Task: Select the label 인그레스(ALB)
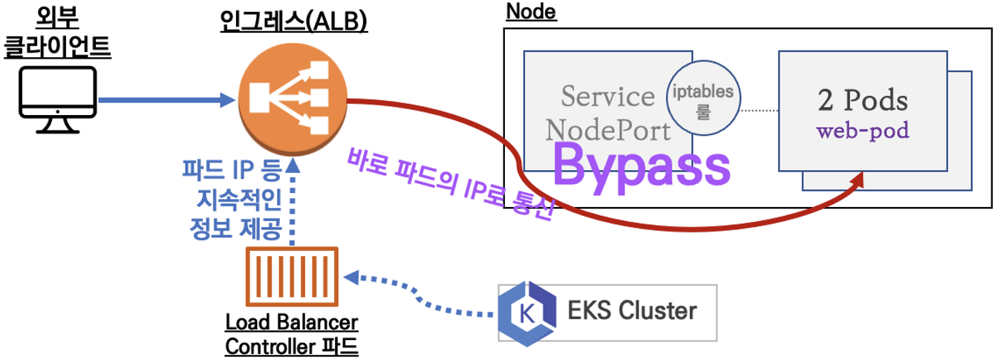click(x=294, y=21)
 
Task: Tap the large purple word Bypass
click(x=642, y=165)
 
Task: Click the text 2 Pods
click(x=863, y=100)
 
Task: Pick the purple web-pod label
click(x=863, y=132)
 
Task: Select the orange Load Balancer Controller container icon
click(x=293, y=278)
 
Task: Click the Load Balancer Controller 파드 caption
click(x=292, y=335)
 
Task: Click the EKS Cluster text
click(x=633, y=310)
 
